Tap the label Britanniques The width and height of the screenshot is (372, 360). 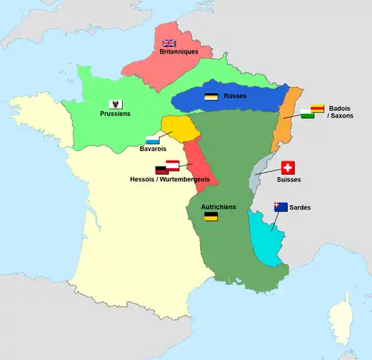point(179,53)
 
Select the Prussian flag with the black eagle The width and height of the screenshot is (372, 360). point(115,103)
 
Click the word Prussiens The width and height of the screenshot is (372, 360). point(115,114)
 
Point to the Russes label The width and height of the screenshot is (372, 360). point(235,96)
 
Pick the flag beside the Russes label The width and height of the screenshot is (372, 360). point(211,97)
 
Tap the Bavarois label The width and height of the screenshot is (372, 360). point(153,149)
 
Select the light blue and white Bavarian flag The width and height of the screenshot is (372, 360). point(153,139)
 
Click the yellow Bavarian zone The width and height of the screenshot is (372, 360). point(179,128)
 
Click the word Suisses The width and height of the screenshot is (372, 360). point(289,179)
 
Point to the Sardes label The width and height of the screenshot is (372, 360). point(301,207)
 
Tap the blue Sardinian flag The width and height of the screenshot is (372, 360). point(281,207)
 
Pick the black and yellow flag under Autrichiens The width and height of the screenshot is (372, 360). point(211,217)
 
